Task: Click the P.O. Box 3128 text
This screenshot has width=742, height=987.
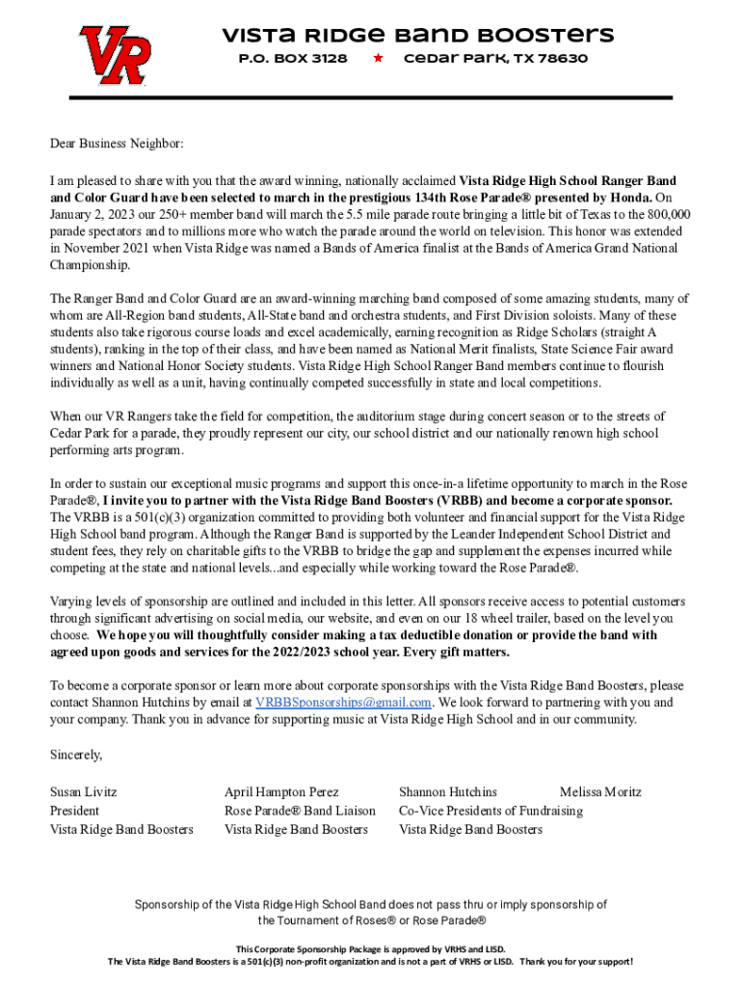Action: tap(292, 59)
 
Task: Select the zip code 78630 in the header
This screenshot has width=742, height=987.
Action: tap(561, 59)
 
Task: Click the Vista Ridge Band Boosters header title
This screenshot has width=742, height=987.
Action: tap(417, 36)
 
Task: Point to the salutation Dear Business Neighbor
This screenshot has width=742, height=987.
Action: tap(116, 144)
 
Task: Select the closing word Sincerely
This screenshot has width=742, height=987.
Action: tap(76, 755)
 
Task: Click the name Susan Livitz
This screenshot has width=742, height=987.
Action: tap(84, 792)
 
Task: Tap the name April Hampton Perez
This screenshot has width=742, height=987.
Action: tap(281, 792)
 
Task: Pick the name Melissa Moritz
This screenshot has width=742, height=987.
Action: tap(599, 792)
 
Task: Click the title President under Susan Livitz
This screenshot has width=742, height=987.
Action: tap(74, 811)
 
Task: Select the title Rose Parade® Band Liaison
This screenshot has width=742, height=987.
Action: tap(300, 811)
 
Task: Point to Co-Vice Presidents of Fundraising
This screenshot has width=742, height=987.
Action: tap(490, 811)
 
